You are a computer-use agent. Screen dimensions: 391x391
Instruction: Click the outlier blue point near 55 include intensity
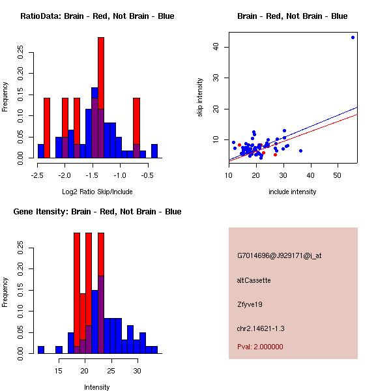click(x=353, y=37)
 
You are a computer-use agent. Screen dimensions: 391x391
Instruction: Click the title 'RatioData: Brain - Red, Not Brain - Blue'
click(x=97, y=16)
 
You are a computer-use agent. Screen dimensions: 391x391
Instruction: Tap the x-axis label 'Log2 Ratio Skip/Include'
click(x=97, y=192)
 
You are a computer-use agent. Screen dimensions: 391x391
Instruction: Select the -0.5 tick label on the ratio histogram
click(x=149, y=175)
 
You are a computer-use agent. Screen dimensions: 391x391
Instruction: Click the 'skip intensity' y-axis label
click(x=201, y=98)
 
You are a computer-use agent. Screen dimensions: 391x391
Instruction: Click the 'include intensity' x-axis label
click(x=293, y=192)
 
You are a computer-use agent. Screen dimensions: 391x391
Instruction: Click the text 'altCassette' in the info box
click(x=253, y=280)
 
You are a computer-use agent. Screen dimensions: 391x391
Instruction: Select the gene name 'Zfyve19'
click(x=250, y=304)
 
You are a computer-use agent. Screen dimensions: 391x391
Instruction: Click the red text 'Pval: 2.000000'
click(x=260, y=347)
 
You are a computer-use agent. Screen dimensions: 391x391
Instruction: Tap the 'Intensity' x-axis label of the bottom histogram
click(x=97, y=387)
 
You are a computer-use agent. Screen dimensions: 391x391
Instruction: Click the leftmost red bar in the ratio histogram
click(x=47, y=128)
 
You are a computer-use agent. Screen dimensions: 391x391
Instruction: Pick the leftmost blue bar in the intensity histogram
click(x=41, y=349)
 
